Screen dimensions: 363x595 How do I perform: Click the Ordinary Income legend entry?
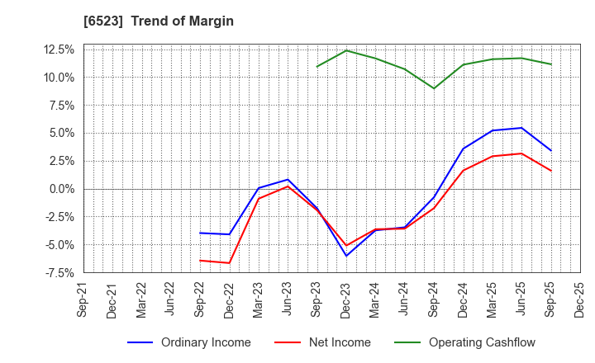pyautogui.click(x=190, y=342)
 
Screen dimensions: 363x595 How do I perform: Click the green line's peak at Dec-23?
pyautogui.click(x=346, y=50)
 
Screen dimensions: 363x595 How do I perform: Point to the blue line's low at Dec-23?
pyautogui.click(x=346, y=256)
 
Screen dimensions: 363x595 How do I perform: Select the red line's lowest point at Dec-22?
pyautogui.click(x=229, y=263)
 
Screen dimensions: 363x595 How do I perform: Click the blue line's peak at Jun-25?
pyautogui.click(x=521, y=128)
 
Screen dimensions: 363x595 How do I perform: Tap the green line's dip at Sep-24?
pyautogui.click(x=434, y=88)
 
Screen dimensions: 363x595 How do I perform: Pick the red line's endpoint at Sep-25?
pyautogui.click(x=550, y=171)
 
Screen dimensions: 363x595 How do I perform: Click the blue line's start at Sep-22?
pyautogui.click(x=200, y=233)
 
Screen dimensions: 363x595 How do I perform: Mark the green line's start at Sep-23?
pyautogui.click(x=317, y=67)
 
